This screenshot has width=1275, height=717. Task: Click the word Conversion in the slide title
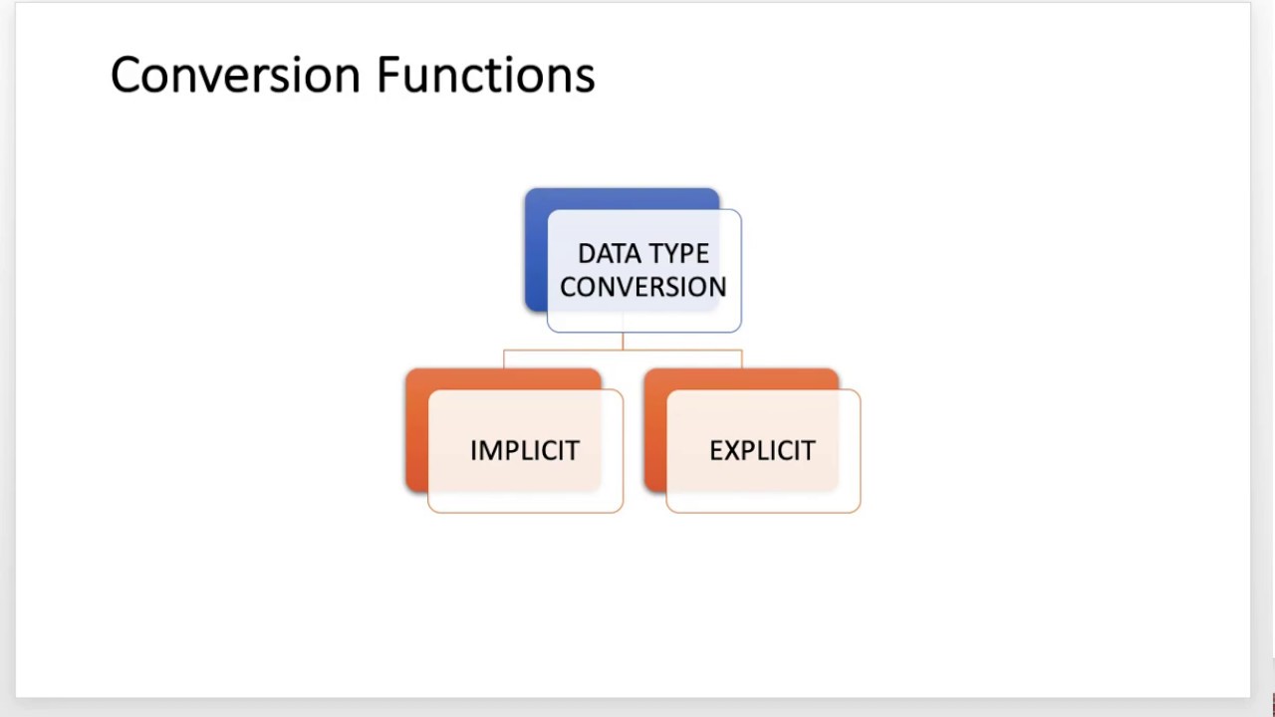235,76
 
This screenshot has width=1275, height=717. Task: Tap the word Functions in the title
485,76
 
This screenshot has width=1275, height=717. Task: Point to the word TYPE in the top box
677,254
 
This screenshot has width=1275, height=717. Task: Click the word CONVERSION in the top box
642,287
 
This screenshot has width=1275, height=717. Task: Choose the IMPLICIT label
524,451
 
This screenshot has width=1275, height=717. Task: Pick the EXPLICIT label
762,451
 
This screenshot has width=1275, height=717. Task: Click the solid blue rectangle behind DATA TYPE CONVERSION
536,249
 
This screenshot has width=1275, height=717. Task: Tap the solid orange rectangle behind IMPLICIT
416,428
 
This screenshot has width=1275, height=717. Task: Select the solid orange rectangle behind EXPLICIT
654,428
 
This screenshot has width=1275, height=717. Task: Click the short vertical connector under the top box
623,341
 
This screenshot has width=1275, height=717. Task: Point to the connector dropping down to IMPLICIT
503,359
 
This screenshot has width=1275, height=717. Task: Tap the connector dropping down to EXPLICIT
742,359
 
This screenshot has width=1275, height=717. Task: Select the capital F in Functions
387,76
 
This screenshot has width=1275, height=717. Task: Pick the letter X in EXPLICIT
729,451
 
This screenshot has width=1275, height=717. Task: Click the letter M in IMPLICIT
488,451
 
